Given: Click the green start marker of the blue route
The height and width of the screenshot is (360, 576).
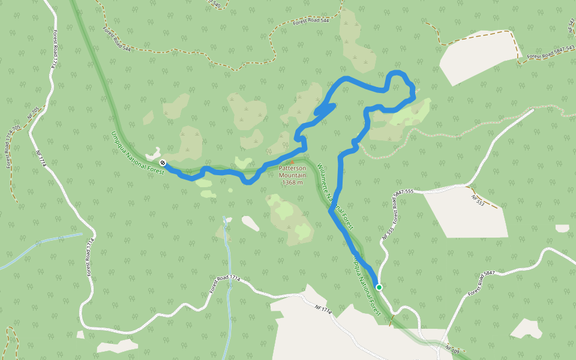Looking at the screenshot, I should pyautogui.click(x=379, y=287).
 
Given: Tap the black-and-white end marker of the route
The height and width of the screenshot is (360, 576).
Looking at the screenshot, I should pyautogui.click(x=163, y=163).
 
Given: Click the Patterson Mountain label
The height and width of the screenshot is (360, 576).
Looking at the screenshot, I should pyautogui.click(x=292, y=172).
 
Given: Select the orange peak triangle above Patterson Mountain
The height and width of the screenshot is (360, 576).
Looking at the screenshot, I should pyautogui.click(x=292, y=162).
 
